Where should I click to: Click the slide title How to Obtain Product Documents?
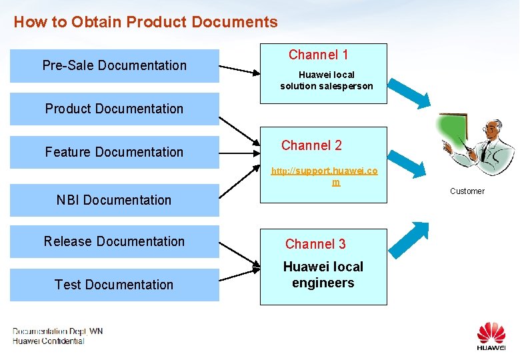pyautogui.click(x=145, y=22)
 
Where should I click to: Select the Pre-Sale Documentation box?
pyautogui.click(x=114, y=65)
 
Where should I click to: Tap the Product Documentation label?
pyautogui.click(x=114, y=109)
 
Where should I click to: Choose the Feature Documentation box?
pyautogui.click(x=114, y=152)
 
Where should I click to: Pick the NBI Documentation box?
pyautogui.click(x=114, y=200)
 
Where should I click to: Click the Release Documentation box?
pyautogui.click(x=114, y=241)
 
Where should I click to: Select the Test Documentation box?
pyautogui.click(x=114, y=285)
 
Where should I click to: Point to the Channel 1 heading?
pyautogui.click(x=318, y=55)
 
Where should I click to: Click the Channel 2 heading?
pyautogui.click(x=311, y=145)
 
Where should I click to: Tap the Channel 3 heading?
pyautogui.click(x=315, y=244)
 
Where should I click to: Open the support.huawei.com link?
pyautogui.click(x=324, y=176)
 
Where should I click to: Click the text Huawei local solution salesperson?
pyautogui.click(x=327, y=81)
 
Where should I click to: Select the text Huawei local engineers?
pyautogui.click(x=323, y=275)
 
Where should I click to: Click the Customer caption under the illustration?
pyautogui.click(x=467, y=191)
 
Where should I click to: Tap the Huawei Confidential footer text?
pyautogui.click(x=49, y=341)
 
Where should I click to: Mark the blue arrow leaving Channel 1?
pyautogui.click(x=417, y=93)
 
